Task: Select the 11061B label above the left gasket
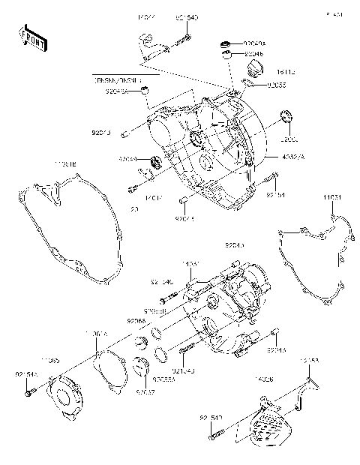coord(64,161)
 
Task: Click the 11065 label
coord(50,360)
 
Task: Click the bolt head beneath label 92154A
coord(28,391)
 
